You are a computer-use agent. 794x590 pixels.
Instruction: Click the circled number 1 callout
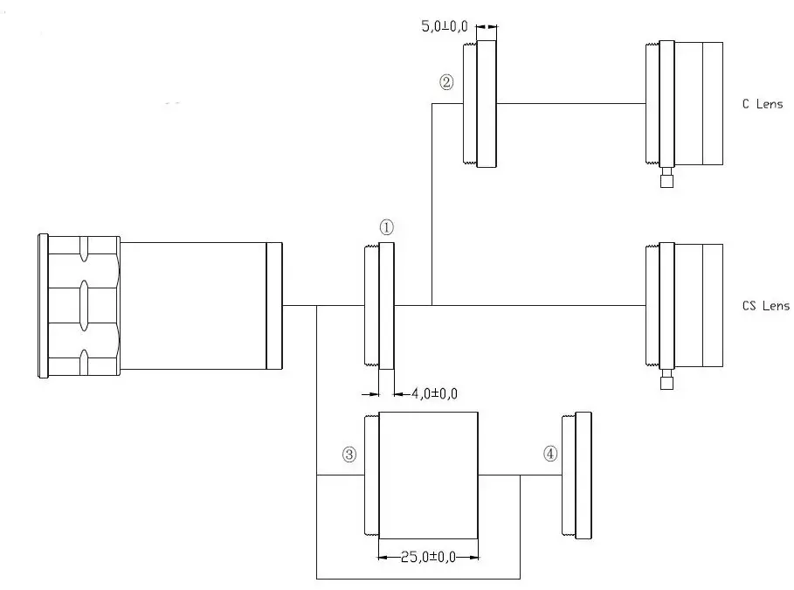point(387,226)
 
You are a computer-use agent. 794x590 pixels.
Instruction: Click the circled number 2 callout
point(446,83)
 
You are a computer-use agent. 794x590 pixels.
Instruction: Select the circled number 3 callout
point(349,455)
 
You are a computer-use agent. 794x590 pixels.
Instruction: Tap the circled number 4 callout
point(549,454)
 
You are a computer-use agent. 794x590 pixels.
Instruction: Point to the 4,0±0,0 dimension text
point(434,394)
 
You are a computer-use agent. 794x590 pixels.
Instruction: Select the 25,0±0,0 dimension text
point(428,556)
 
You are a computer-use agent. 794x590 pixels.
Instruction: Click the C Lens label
point(761,103)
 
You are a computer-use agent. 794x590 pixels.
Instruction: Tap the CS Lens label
point(764,306)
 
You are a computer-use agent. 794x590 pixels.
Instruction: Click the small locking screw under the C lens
point(667,181)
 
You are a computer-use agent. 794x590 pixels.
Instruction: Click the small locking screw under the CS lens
point(667,382)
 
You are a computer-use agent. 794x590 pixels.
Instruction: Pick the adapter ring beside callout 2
point(481,103)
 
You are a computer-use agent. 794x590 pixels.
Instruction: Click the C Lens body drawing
point(690,103)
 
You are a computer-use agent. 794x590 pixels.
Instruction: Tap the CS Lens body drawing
point(690,306)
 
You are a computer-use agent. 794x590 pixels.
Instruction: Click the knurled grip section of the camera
point(83,306)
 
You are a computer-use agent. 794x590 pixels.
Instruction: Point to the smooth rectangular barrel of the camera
point(192,306)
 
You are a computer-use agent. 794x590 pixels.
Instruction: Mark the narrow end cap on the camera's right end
point(274,306)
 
